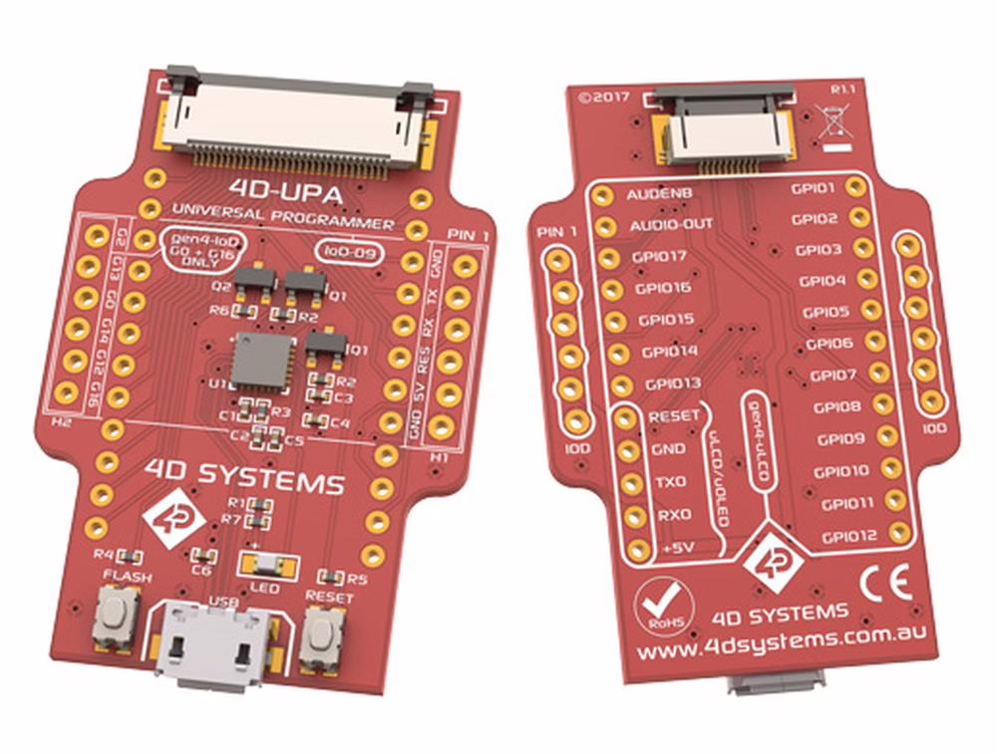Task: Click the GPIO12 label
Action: tap(848, 537)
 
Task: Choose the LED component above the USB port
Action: tap(269, 566)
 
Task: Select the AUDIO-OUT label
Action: tap(671, 225)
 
